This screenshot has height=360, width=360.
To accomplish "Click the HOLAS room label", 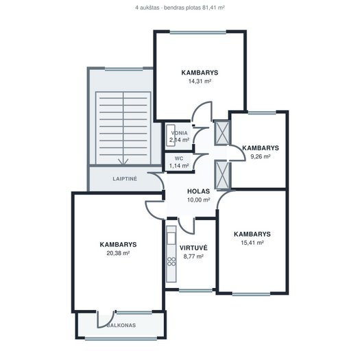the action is click(x=198, y=191).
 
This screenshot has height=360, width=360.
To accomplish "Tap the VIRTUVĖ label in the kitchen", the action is click(x=193, y=248).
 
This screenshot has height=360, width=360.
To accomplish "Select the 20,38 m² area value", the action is click(x=118, y=253).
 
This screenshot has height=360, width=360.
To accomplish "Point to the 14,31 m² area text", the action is click(x=200, y=81).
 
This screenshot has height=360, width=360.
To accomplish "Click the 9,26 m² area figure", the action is click(x=261, y=156).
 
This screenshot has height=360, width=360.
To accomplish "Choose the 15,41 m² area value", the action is click(x=252, y=243).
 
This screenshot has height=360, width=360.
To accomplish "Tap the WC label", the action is click(x=179, y=158).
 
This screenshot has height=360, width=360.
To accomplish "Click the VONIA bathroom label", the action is click(x=179, y=133).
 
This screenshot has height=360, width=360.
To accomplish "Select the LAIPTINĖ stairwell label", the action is click(x=125, y=178).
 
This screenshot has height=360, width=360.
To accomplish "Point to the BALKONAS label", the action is click(x=121, y=325).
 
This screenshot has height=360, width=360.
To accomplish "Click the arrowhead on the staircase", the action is click(x=123, y=162).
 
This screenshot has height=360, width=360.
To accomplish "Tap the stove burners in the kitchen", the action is click(x=171, y=262).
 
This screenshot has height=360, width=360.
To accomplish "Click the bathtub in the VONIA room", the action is click(x=171, y=136).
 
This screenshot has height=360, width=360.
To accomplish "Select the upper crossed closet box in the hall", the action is click(x=221, y=134).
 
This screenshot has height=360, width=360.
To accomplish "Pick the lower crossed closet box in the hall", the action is click(x=223, y=175).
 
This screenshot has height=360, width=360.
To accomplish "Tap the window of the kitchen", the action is click(x=195, y=291).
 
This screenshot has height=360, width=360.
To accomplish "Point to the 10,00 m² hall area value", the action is click(x=199, y=200).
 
